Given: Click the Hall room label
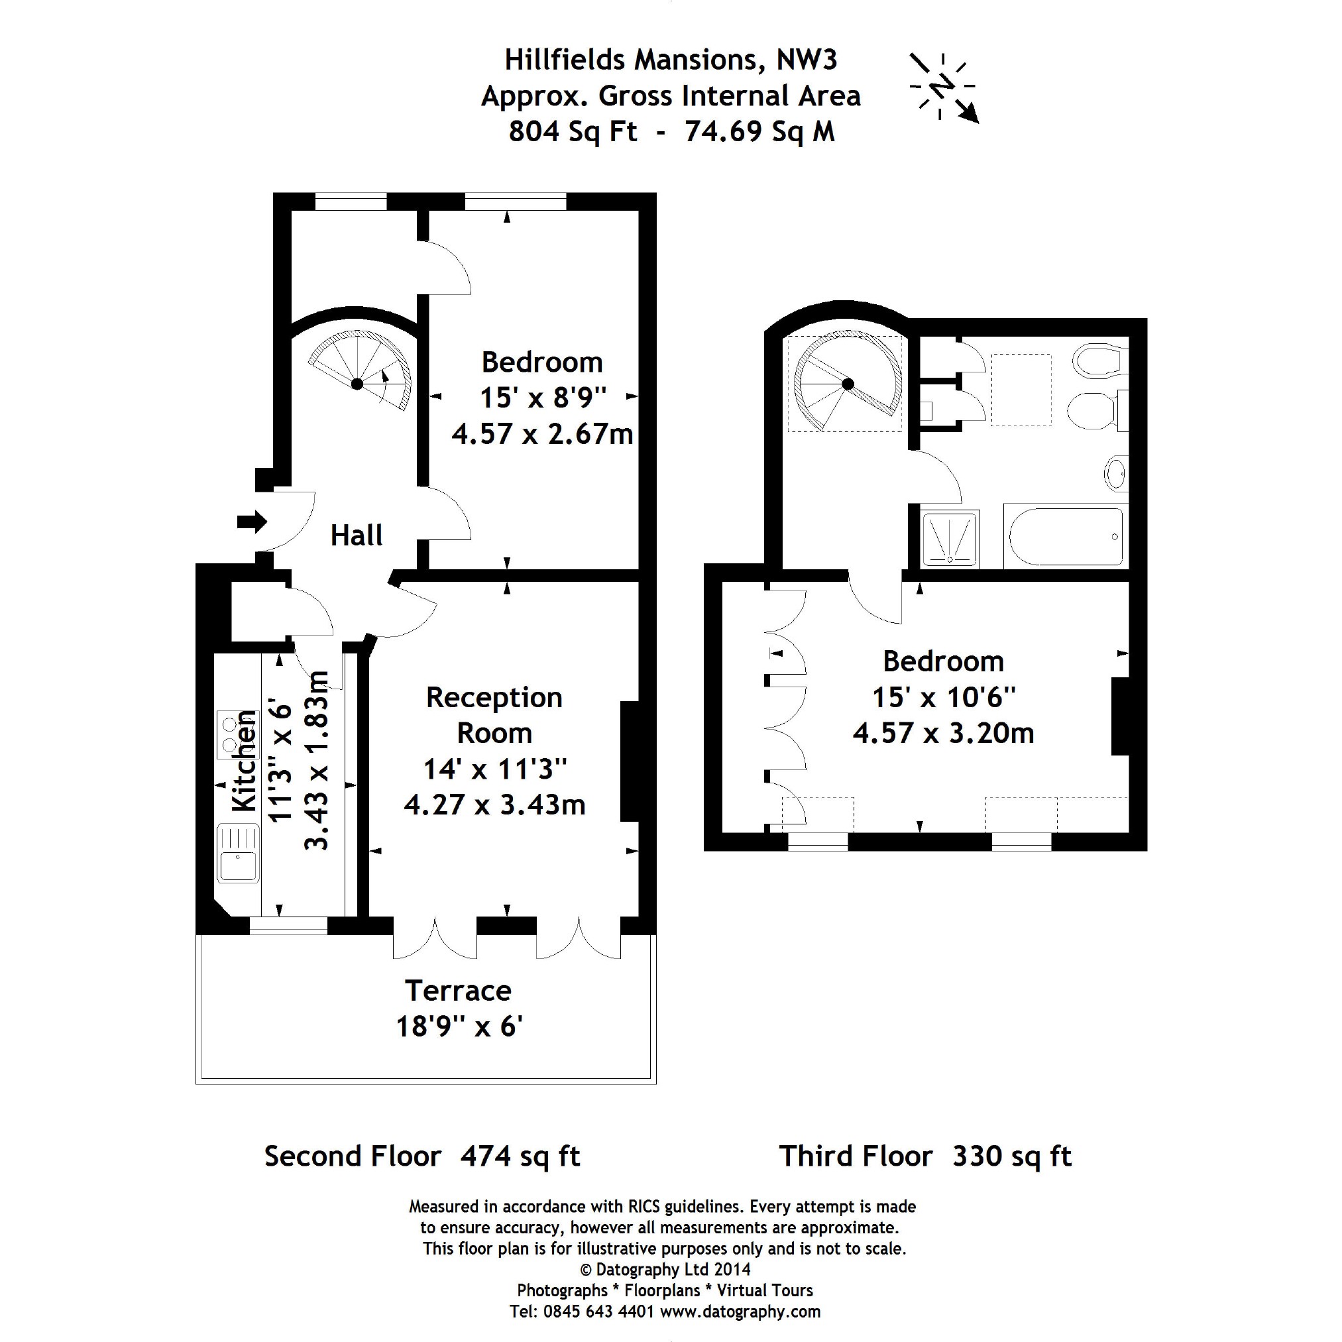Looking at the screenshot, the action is click(x=357, y=535).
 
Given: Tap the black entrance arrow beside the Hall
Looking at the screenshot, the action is click(x=251, y=522).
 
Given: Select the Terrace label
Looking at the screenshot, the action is click(x=458, y=991).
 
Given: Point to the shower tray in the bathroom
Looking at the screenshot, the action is click(x=950, y=539).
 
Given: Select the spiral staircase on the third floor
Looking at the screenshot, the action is click(x=847, y=384).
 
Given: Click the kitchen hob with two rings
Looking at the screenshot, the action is click(x=228, y=735).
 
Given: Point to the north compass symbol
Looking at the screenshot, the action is click(x=943, y=87).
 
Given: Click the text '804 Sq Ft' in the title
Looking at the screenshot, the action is click(x=573, y=131).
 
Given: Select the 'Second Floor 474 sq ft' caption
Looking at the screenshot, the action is click(x=421, y=1156).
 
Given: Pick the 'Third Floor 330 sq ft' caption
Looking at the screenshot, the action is click(x=924, y=1156).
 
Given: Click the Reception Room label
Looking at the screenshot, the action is click(x=494, y=715).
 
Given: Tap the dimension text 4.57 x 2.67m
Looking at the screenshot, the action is click(x=543, y=434).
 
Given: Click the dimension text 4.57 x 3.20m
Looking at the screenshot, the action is click(x=943, y=733).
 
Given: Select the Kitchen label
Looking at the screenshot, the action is click(x=245, y=761).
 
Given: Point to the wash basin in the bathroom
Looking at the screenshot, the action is click(x=1115, y=474).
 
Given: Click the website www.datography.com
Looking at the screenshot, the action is click(x=740, y=1312).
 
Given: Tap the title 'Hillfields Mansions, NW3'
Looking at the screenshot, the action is click(x=670, y=60).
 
